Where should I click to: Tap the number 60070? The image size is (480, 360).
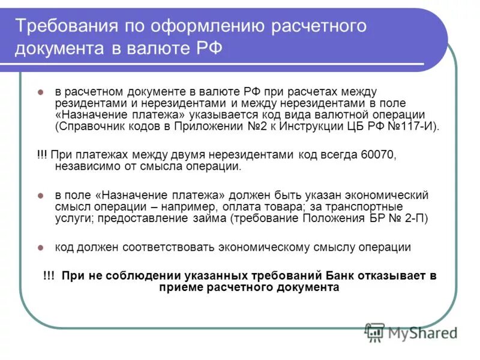pos(378,155)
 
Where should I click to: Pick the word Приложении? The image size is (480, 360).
pos(205,126)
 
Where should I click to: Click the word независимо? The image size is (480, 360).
pos(83,166)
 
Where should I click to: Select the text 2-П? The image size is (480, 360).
pos(413,218)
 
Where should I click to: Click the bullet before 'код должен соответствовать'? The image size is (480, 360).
pos(41,247)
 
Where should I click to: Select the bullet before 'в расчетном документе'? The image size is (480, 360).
pos(41,92)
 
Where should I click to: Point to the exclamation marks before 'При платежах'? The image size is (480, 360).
pos(42,155)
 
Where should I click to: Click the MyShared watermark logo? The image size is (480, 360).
pos(412,332)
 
